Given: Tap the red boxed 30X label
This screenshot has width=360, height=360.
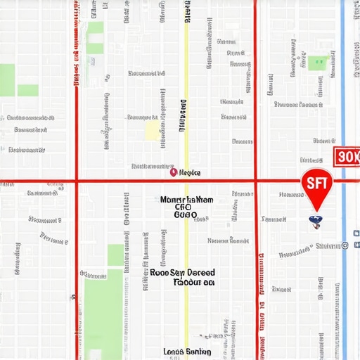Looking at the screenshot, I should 346,156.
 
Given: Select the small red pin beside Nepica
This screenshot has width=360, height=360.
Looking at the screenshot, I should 173,171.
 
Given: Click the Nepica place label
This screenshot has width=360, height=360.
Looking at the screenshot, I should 190,172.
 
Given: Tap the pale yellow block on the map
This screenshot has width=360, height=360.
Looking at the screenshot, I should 152,130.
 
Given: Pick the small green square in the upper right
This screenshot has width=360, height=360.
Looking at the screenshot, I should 317,63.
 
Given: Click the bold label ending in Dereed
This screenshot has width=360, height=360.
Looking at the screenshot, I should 183,272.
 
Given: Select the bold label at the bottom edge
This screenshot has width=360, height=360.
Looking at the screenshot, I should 186,351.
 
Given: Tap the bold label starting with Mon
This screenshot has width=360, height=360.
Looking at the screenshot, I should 186,200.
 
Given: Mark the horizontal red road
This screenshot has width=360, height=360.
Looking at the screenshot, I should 127,181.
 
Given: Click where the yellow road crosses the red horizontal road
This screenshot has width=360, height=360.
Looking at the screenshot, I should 186,181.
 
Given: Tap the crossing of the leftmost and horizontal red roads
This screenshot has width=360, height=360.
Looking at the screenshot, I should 75,181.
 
